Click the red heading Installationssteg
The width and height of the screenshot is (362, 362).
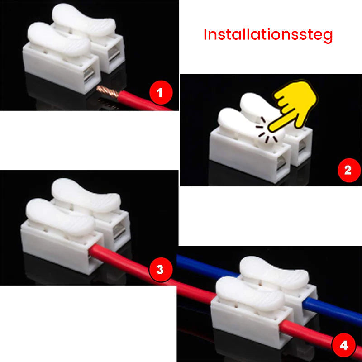point(268,35)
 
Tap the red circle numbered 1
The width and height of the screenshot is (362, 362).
point(159,94)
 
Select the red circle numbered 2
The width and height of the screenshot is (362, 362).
point(348,170)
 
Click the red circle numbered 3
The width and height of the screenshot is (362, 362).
point(159,270)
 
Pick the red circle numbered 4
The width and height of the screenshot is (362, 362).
point(344,346)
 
